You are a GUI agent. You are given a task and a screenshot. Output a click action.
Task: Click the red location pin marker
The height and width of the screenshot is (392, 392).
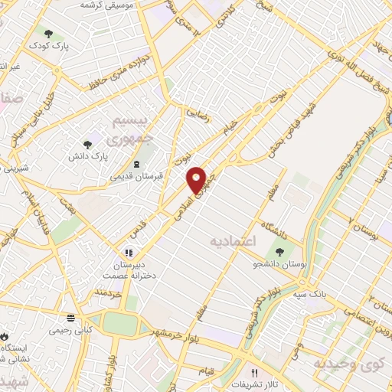pos(198,179)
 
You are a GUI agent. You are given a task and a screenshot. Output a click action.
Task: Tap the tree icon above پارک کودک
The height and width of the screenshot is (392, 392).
pos(49,34)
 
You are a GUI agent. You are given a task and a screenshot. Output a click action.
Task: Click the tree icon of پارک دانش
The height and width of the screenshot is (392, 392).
pos(88,142)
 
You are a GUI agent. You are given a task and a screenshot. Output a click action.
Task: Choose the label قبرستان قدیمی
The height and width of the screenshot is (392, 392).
pos(136,177)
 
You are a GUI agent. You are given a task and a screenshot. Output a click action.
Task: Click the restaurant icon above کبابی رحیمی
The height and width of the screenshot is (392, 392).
pos(70,317)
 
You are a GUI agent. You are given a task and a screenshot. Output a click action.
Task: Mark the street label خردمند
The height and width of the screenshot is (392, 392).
pos(109,294)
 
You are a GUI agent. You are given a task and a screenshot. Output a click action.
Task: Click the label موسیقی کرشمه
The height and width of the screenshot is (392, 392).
pos(108,5)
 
